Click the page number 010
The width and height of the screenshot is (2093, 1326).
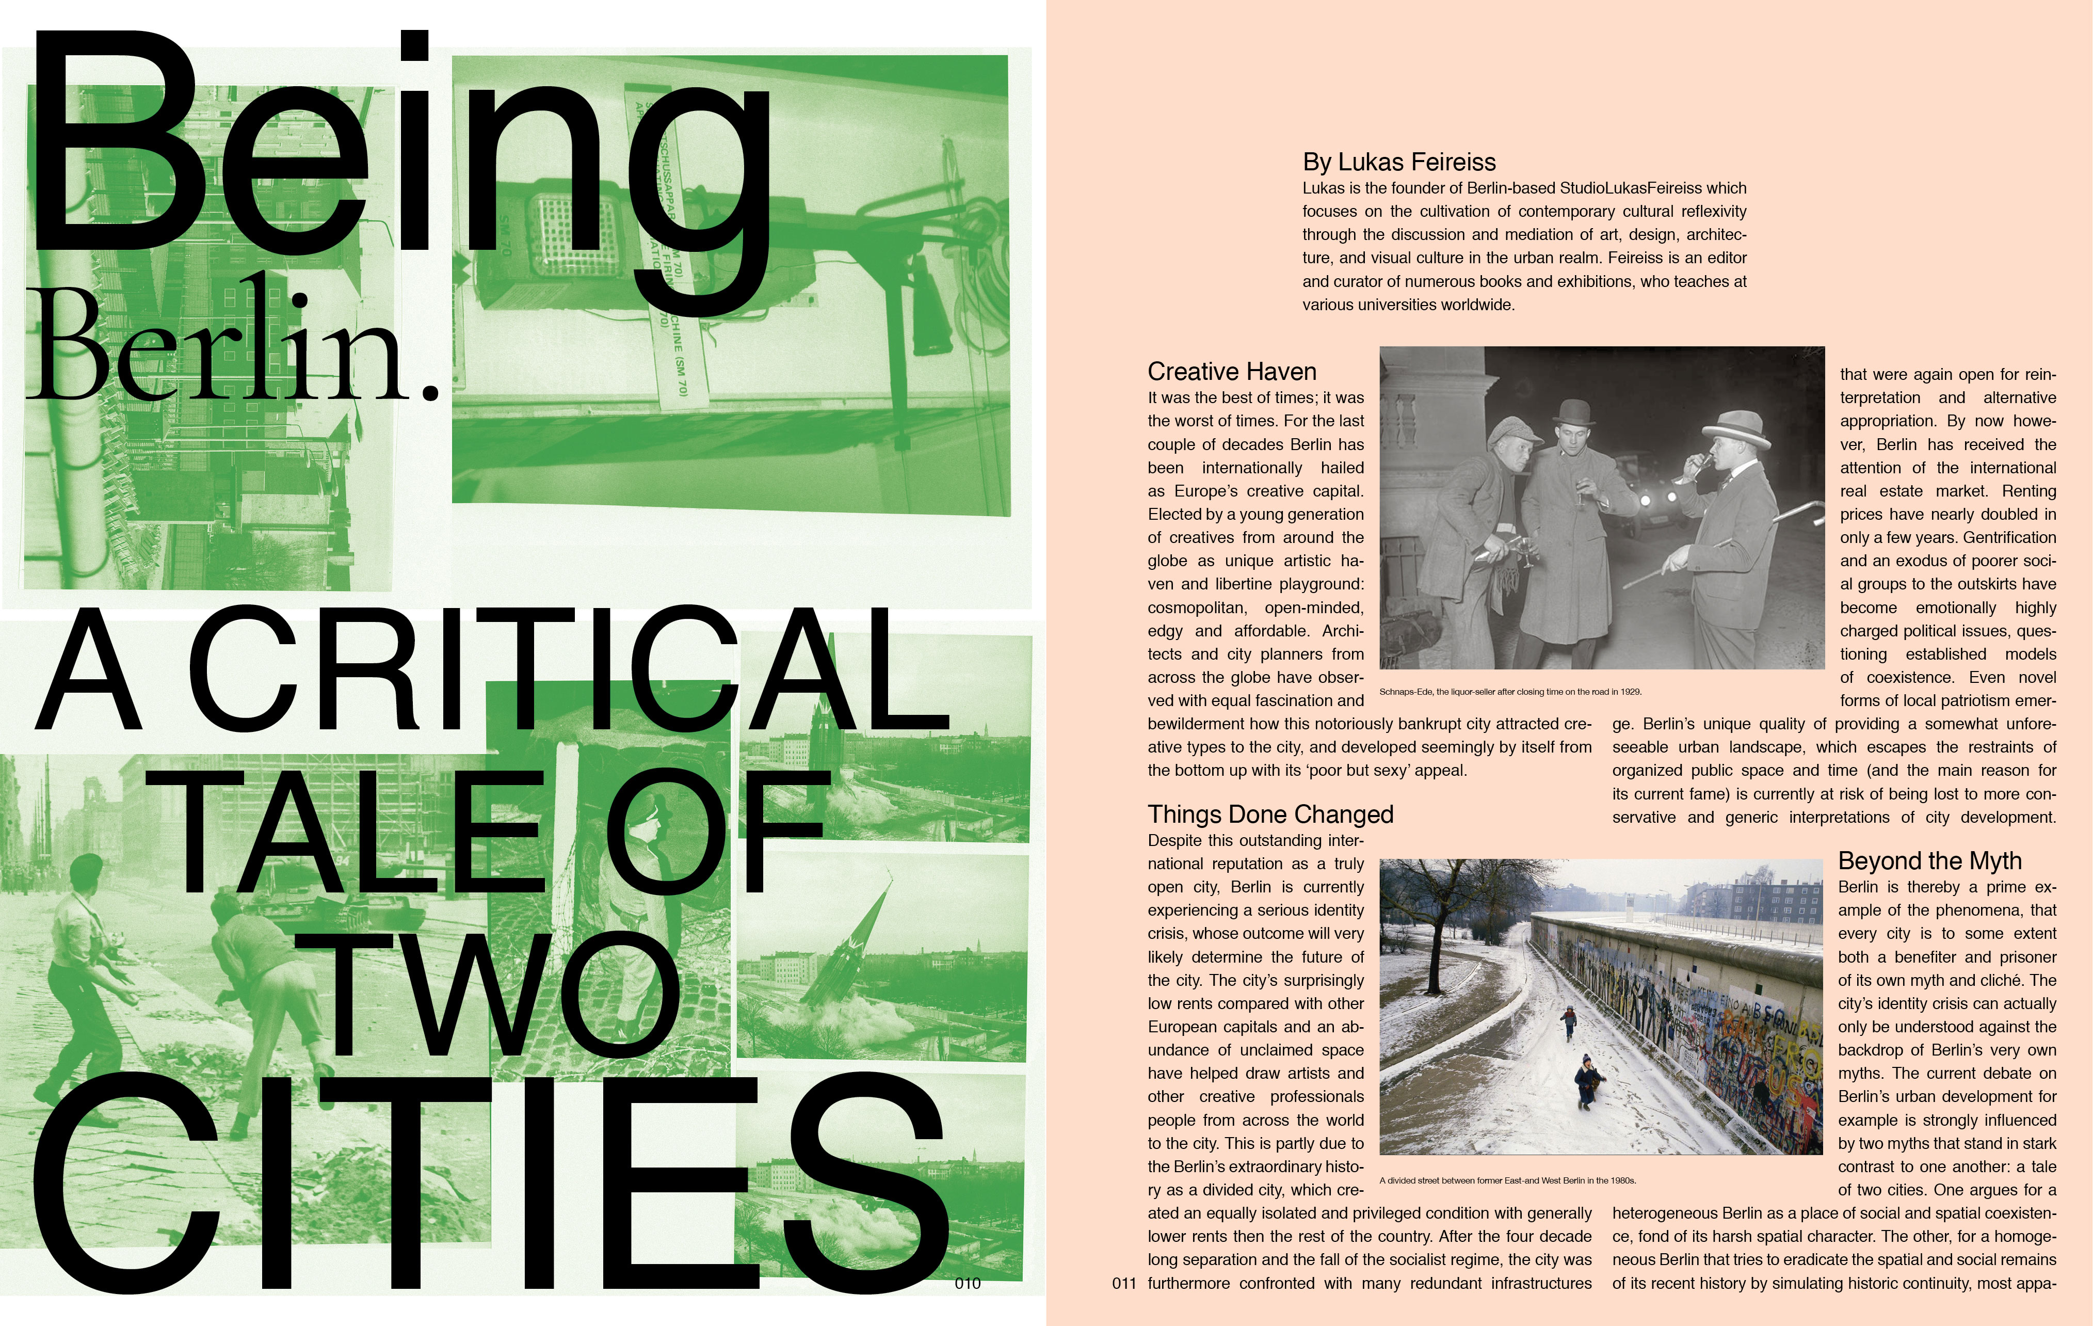(968, 1283)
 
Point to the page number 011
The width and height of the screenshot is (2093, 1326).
(1124, 1283)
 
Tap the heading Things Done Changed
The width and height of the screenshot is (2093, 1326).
(1270, 814)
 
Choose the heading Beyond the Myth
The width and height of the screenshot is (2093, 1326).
(1929, 861)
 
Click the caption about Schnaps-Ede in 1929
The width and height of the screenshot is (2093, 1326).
(1510, 692)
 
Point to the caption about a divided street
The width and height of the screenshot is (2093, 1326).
(1507, 1181)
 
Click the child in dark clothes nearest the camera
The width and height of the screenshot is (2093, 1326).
(1588, 1081)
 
